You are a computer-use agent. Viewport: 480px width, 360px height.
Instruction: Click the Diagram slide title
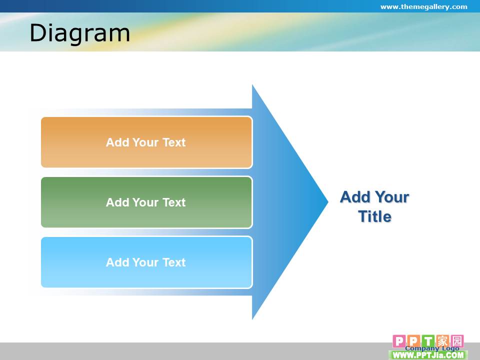pos(80,33)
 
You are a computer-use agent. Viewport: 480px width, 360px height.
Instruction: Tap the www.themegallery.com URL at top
pos(423,6)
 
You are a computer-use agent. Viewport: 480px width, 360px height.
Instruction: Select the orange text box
pos(146,142)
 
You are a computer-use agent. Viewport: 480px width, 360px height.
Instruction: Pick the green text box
pos(146,202)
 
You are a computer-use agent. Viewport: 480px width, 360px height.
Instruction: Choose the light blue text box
pos(146,262)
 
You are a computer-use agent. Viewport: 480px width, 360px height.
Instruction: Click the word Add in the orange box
pos(117,142)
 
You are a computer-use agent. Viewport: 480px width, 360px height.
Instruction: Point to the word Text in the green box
pos(174,202)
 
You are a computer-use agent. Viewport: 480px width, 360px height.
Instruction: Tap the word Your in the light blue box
pos(145,262)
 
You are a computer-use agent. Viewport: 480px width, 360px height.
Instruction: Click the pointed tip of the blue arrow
pos(328,201)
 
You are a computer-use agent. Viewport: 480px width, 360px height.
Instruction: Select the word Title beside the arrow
pos(375,216)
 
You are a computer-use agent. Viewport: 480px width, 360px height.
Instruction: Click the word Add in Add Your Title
pos(355,197)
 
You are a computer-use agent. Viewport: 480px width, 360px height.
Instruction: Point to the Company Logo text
pos(432,348)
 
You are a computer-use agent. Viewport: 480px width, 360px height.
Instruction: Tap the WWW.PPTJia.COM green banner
pos(428,355)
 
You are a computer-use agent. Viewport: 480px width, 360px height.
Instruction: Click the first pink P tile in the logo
pos(399,341)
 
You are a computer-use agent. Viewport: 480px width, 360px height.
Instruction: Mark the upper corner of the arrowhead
pos(252,85)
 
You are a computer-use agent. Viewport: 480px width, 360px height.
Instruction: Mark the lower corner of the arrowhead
pos(252,319)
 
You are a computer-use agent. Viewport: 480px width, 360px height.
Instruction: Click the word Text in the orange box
pos(174,142)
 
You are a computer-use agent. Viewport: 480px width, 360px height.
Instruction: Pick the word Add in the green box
pos(117,202)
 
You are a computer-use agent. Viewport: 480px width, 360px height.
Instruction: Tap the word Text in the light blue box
pos(174,262)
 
